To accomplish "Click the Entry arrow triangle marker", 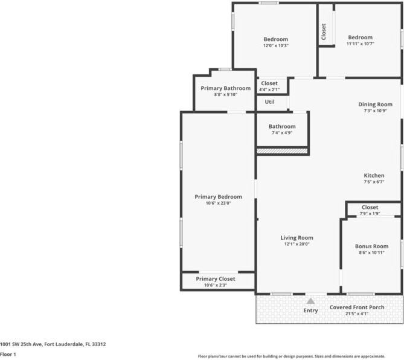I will pos(310,301).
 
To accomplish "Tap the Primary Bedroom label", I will pos(218,196).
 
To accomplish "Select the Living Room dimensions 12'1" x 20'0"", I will pos(297,244).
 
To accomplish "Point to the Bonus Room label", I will pos(371,246).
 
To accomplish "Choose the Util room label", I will pos(270,101).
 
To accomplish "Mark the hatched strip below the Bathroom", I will pos(282,150).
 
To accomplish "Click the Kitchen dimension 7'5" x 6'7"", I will pos(374,182).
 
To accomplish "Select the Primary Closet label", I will pos(216,278).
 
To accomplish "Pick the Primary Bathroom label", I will pos(225,88).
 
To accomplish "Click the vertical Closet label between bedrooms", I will pos(324,31).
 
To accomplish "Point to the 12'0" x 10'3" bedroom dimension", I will pos(275,46).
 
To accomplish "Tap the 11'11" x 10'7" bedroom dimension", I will pos(360,43).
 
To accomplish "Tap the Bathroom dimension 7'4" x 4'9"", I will pos(282,133).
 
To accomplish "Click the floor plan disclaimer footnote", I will pos(300,356).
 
